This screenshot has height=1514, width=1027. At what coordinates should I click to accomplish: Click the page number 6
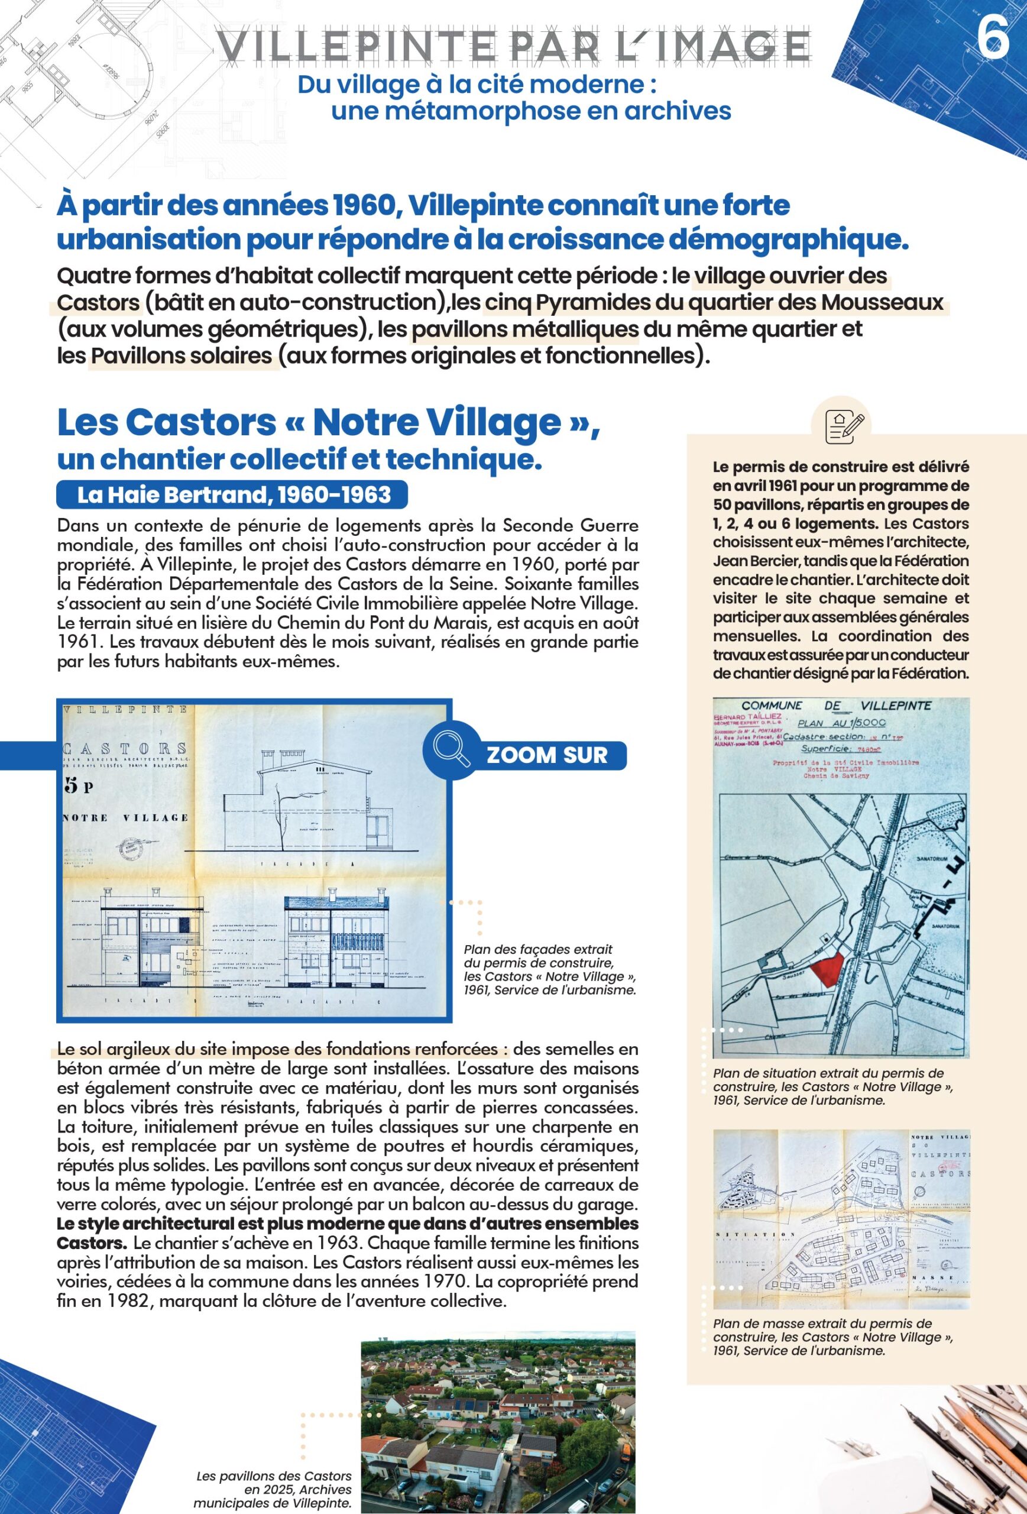coord(993,38)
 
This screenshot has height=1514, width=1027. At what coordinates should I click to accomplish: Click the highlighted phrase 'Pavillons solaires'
coord(182,355)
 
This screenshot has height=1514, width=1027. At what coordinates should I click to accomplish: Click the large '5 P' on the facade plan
coord(80,785)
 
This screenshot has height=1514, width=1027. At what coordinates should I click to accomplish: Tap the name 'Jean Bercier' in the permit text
coord(750,561)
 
